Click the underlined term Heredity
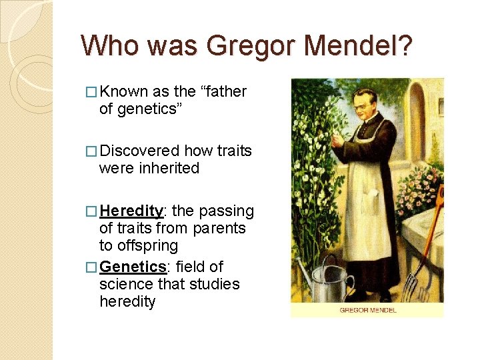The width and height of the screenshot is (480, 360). coord(131,211)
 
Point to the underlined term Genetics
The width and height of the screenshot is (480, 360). coord(133,267)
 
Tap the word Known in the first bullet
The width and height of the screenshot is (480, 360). coord(124,91)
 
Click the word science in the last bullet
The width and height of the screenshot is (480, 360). coord(124,284)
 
